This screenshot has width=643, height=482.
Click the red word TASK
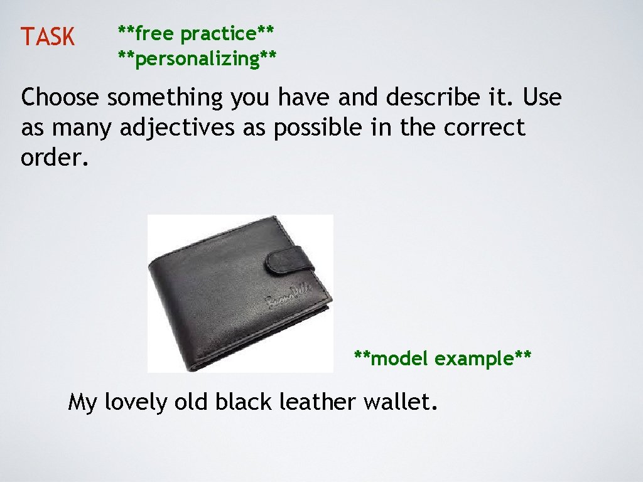47,38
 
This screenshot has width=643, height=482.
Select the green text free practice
197,33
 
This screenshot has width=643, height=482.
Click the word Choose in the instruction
60,99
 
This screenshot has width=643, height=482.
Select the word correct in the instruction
484,128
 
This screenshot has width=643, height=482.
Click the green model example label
443,359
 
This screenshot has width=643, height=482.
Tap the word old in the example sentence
192,401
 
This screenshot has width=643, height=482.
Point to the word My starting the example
82,402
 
